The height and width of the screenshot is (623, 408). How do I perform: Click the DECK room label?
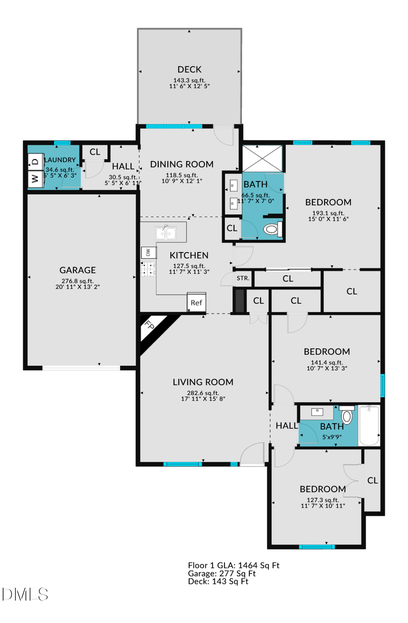[x=189, y=69]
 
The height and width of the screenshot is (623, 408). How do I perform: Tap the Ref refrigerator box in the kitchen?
[x=196, y=302]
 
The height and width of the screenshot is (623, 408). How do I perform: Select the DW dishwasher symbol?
[x=148, y=253]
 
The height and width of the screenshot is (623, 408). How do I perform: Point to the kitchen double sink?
[x=166, y=233]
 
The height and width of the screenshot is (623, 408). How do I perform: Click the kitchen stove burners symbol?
[x=148, y=269]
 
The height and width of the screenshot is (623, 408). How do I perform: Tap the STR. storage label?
[x=243, y=278]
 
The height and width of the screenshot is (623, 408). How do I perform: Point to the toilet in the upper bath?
[x=272, y=229]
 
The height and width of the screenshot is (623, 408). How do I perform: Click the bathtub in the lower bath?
[x=369, y=426]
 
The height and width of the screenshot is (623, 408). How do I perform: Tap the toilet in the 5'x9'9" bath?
[x=347, y=416]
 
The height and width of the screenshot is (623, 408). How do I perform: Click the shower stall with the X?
[x=262, y=158]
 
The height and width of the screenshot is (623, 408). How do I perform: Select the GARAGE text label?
[x=78, y=270]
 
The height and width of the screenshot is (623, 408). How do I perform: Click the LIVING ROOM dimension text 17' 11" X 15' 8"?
[x=203, y=399]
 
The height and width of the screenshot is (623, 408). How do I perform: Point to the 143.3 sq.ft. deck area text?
[x=189, y=80]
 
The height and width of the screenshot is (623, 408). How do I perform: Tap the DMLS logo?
[x=25, y=594]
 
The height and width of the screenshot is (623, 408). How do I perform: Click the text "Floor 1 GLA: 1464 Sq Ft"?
[x=233, y=565]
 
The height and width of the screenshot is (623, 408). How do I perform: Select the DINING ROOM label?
[x=182, y=164]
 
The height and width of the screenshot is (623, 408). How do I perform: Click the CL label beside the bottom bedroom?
[x=373, y=480]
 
